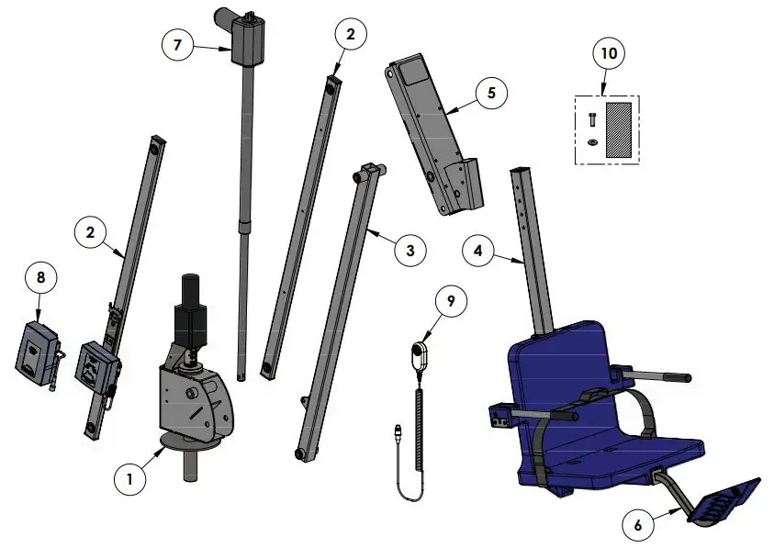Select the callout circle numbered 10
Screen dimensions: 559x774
point(607,52)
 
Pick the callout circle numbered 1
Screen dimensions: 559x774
point(130,478)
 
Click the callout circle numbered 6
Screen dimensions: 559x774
point(639,525)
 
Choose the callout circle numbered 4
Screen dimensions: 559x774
point(478,251)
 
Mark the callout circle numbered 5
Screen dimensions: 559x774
point(491,93)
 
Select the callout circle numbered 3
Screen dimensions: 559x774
point(410,250)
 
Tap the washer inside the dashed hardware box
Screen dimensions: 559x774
point(591,141)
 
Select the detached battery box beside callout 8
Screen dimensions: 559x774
point(37,350)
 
